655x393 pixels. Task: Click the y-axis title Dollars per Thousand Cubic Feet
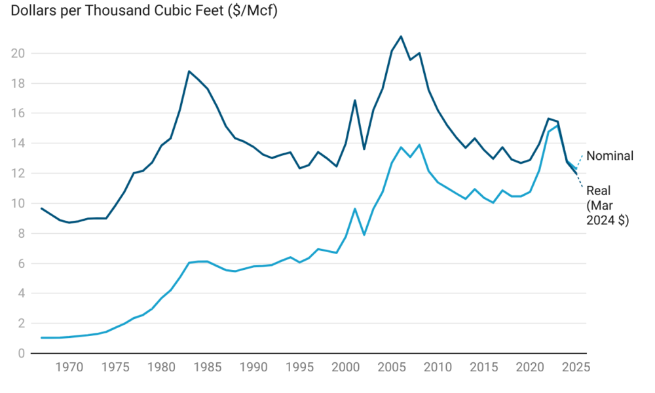tap(138, 12)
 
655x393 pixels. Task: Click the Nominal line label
tap(610, 156)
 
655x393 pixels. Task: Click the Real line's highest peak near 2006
tap(401, 37)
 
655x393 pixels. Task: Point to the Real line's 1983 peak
tap(189, 71)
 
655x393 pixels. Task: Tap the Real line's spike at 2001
tap(355, 100)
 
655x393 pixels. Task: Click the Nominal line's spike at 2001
tap(355, 209)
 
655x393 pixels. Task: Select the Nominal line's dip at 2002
tap(364, 234)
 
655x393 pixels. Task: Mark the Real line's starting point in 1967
tap(41, 208)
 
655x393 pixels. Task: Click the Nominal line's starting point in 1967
tap(41, 338)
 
